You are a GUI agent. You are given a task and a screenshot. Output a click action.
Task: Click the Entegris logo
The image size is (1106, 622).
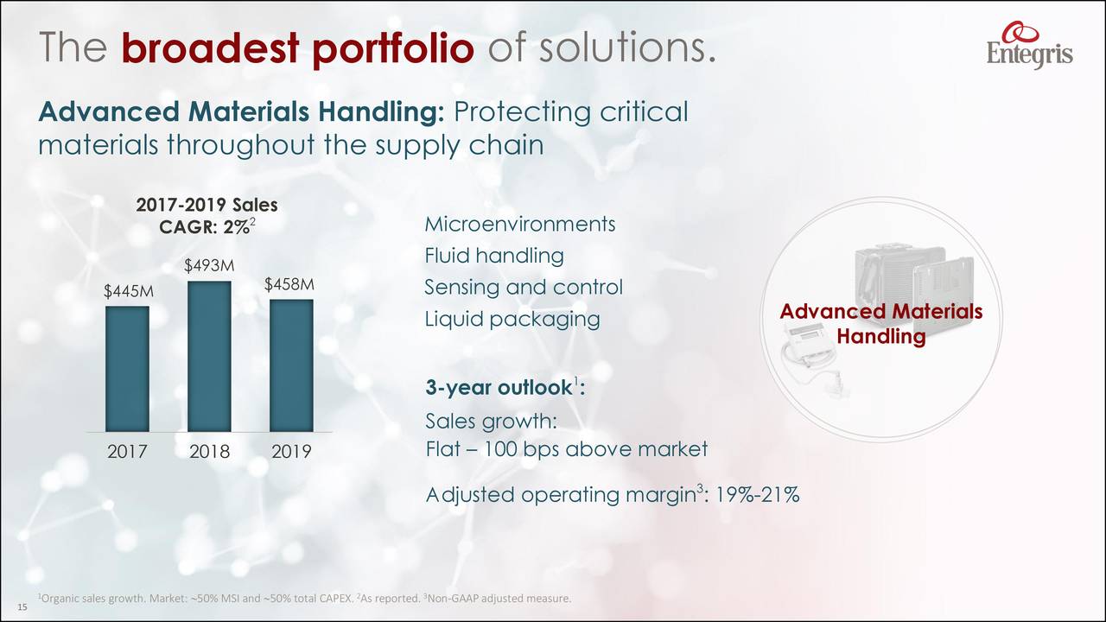[1029, 44]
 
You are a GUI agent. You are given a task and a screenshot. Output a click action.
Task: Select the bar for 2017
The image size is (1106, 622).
[127, 369]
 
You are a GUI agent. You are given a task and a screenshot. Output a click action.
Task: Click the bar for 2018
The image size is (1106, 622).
[209, 356]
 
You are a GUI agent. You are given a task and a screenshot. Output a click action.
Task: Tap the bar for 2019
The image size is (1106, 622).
[291, 365]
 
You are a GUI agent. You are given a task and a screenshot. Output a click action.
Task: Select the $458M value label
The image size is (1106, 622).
[289, 284]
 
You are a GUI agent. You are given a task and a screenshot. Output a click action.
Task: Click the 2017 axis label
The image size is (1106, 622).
[127, 452]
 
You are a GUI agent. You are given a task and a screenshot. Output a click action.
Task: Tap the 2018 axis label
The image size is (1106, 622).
[209, 452]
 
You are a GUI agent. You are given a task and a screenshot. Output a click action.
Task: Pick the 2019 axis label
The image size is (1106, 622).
[291, 452]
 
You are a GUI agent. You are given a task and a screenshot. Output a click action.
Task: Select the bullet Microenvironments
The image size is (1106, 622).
[519, 225]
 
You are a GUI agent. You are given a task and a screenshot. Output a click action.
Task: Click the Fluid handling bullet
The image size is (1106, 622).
[494, 256]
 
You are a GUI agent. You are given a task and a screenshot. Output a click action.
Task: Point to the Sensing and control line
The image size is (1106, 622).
[523, 287]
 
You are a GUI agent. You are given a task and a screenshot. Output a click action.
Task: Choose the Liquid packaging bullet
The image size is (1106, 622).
[512, 319]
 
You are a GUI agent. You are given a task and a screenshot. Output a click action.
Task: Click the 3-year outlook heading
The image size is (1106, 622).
[504, 388]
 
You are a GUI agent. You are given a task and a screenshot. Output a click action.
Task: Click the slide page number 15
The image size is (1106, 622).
[22, 608]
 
